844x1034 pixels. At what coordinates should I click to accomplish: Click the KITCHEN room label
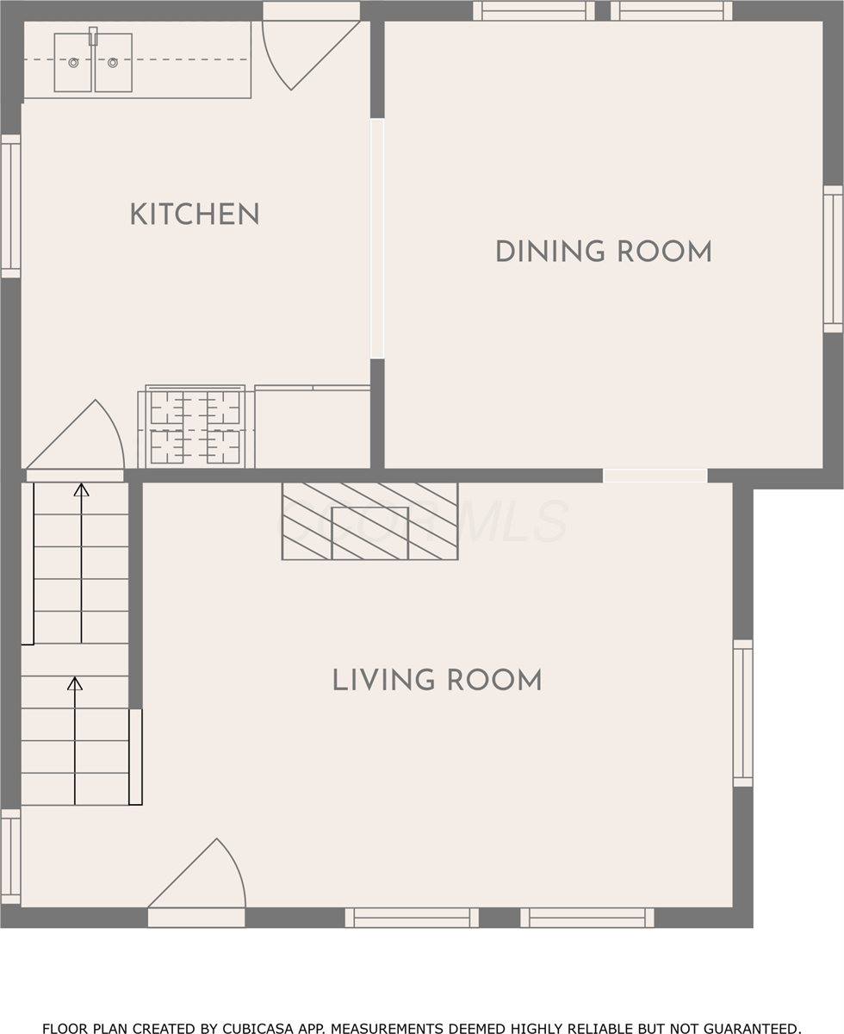[x=195, y=215]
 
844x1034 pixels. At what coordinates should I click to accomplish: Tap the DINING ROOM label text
[x=603, y=252]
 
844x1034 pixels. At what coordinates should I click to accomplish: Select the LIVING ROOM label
[x=438, y=680]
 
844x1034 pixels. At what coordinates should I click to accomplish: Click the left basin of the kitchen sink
[x=74, y=63]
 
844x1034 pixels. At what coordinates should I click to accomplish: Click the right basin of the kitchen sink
[x=113, y=63]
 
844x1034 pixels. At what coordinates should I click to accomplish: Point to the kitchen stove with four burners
[x=195, y=427]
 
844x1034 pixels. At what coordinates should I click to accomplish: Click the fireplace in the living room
[x=369, y=521]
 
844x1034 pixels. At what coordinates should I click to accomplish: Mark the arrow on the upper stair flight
[x=81, y=560]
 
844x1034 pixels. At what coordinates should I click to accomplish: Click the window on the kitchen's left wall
[x=10, y=207]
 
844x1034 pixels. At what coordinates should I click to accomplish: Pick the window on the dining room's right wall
[x=833, y=258]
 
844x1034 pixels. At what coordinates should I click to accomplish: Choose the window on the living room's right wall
[x=742, y=713]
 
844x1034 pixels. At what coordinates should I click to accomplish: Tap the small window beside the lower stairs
[x=10, y=857]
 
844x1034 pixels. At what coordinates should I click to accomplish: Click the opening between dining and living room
[x=655, y=476]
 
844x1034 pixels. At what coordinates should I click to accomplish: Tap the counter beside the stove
[x=313, y=427]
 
